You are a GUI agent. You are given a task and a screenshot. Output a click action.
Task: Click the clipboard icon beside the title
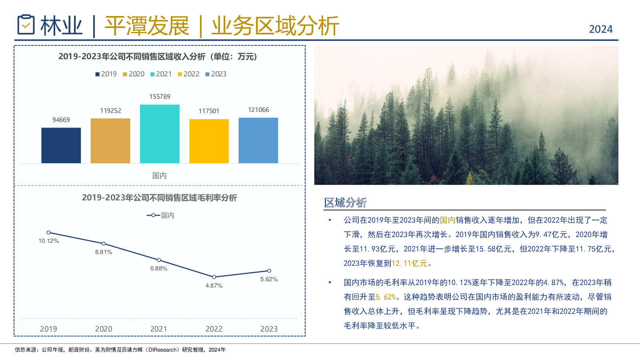pyautogui.click(x=26, y=24)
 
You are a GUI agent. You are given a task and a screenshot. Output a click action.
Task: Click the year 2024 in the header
pyautogui.click(x=600, y=29)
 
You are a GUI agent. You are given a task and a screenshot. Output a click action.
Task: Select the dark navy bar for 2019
pyautogui.click(x=61, y=146)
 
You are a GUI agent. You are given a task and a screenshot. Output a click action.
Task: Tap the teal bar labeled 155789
pyautogui.click(x=160, y=134)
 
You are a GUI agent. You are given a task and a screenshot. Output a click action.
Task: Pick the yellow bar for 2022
pyautogui.click(x=209, y=141)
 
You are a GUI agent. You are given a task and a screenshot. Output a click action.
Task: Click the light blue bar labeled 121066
pyautogui.click(x=258, y=140)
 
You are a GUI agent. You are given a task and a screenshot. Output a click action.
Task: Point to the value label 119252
pyautogui.click(x=110, y=110)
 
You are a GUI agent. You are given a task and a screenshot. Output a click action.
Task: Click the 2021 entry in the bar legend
pyautogui.click(x=161, y=74)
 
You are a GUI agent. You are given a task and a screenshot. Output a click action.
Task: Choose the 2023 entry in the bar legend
pyautogui.click(x=216, y=74)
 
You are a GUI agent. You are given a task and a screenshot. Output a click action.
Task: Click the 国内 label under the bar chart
pyautogui.click(x=159, y=176)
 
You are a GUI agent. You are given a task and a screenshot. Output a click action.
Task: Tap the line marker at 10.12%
pyautogui.click(x=48, y=232)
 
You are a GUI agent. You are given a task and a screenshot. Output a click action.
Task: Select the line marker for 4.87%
pyautogui.click(x=214, y=277)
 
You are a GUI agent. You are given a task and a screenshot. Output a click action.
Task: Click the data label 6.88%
pyautogui.click(x=159, y=268)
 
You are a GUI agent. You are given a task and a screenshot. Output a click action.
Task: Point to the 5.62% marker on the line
pyautogui.click(x=269, y=270)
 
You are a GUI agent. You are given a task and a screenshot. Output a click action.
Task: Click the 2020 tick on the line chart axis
pyautogui.click(x=104, y=329)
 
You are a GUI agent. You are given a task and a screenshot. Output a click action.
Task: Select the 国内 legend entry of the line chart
pyautogui.click(x=160, y=215)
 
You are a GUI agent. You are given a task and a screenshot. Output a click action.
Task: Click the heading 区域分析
pyautogui.click(x=345, y=202)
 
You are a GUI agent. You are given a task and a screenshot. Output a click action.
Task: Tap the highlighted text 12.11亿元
pyautogui.click(x=409, y=263)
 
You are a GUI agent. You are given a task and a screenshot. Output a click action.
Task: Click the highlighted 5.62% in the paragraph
pyautogui.click(x=386, y=297)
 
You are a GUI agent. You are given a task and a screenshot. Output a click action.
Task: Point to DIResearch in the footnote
pyautogui.click(x=162, y=350)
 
